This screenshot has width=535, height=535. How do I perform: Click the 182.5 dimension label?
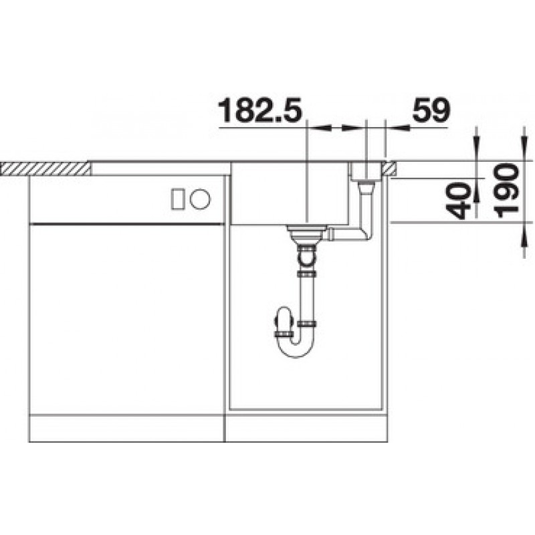coord(260,110)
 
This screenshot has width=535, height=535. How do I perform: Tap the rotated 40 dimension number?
coord(458,201)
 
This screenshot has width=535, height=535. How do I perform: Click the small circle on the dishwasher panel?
coord(200,199)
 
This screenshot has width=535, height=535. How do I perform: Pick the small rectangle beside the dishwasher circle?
coord(178,199)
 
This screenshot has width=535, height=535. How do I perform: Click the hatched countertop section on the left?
coord(45,169)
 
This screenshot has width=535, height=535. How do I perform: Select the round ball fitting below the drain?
coord(307,257)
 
